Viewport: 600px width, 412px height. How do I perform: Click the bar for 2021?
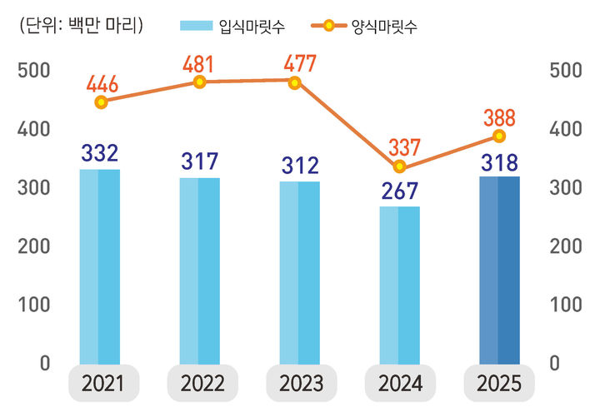click(99, 266)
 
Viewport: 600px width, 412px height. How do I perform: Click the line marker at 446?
click(101, 102)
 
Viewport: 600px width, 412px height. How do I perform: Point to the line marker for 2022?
click(199, 82)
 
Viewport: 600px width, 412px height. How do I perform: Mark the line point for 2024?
click(399, 166)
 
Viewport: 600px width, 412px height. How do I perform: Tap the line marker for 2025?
click(499, 136)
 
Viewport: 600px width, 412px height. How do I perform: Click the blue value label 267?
click(399, 191)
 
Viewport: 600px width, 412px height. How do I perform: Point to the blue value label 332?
click(99, 153)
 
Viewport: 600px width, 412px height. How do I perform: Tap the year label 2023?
click(300, 384)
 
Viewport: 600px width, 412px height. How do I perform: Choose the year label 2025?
click(499, 384)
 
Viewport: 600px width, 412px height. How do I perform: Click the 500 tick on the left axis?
click(33, 71)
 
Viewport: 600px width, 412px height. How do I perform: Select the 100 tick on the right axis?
click(567, 305)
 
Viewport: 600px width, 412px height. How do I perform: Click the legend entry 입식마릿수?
click(232, 27)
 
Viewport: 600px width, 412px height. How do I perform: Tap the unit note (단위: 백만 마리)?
click(81, 26)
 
